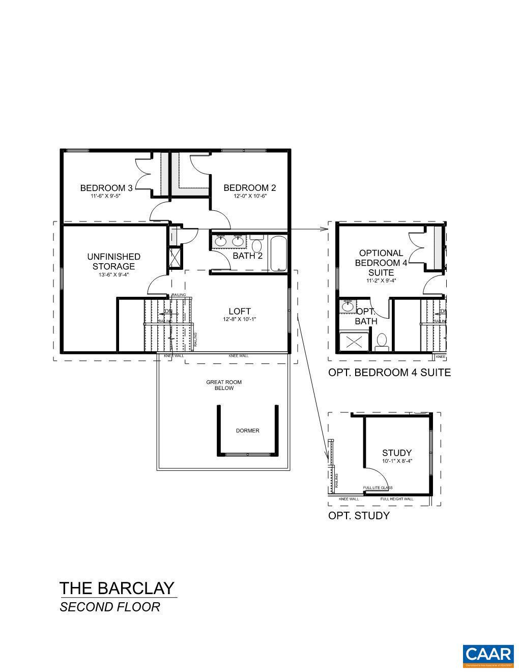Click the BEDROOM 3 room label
point(106,188)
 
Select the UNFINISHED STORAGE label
point(113,261)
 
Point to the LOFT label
point(239,311)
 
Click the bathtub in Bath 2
point(278,253)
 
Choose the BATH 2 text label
point(247,256)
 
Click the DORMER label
point(247,431)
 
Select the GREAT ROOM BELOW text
point(223,385)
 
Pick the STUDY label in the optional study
point(397,453)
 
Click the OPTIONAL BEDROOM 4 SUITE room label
point(381,263)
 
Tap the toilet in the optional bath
point(382,341)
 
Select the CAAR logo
point(487,656)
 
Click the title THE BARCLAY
point(117,589)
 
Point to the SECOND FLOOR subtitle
point(110,607)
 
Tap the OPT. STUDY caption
point(359,516)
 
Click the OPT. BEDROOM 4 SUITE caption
point(389,373)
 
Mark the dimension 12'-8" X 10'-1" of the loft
point(239,320)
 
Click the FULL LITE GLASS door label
point(378,488)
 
